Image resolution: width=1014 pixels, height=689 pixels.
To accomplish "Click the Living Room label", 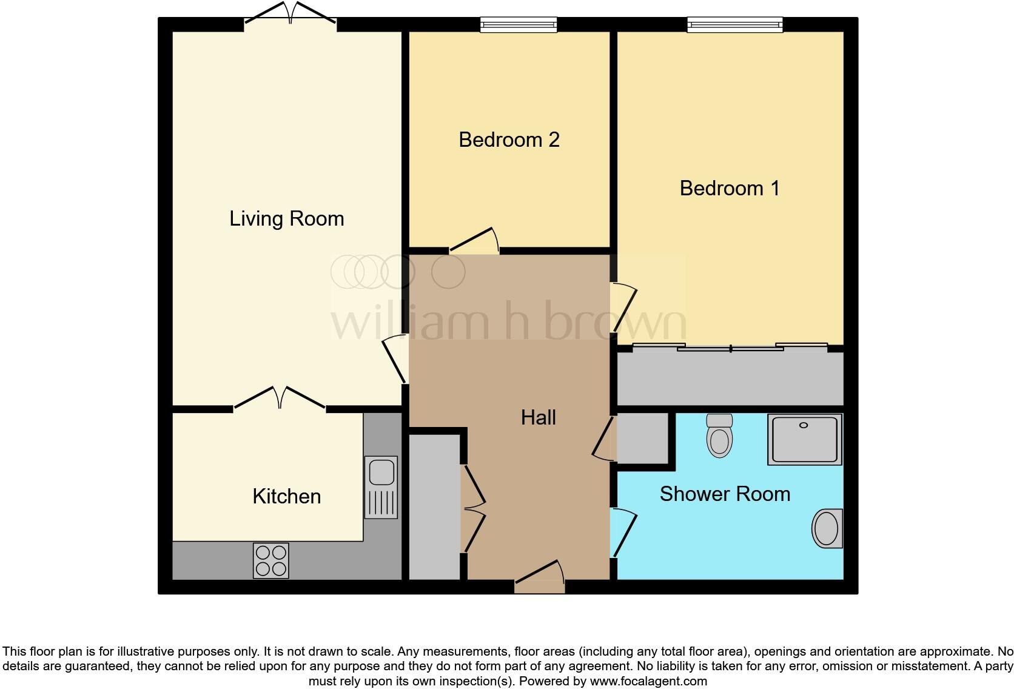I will coord(286,219).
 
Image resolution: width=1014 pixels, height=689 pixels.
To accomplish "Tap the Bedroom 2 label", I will coord(509,140).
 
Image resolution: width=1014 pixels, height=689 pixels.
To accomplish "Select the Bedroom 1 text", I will coord(730,189).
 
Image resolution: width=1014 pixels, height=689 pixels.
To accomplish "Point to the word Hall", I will coord(538,418).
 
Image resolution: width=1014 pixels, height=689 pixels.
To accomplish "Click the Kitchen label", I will coord(286,497).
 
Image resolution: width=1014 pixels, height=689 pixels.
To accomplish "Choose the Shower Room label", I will coord(725,494).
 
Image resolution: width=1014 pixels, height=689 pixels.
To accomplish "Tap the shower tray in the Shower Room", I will coord(805,439).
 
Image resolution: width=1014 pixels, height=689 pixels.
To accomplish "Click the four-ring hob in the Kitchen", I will coord(270,560).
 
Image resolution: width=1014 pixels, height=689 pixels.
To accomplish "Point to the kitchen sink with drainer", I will coord(381,487).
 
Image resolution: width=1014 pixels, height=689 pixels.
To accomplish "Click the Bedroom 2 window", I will coord(519,25).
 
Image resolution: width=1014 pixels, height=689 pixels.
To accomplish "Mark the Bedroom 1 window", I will coord(734,25).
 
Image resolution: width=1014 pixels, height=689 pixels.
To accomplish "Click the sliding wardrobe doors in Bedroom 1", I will coord(730,348).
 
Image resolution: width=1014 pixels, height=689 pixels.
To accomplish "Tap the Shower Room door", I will coord(623,532).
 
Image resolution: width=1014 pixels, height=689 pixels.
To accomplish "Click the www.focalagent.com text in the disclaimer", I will coord(648,681).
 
